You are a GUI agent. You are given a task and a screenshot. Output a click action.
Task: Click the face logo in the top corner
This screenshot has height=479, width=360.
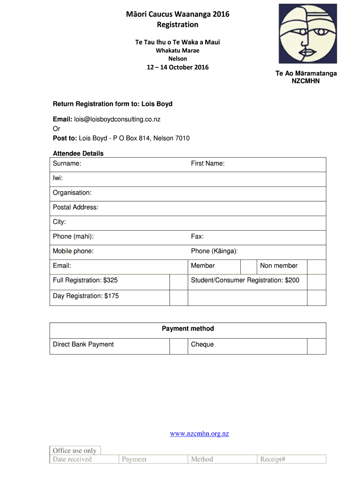pos(307,34)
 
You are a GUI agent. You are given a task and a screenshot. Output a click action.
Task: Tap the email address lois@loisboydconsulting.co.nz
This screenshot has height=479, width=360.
pos(117,119)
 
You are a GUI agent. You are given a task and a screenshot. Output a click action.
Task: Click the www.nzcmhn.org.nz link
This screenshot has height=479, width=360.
pos(199,434)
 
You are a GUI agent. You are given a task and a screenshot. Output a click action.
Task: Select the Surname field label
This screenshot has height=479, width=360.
pos(67,163)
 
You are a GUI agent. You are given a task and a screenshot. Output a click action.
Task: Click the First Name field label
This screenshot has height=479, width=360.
pos(208,163)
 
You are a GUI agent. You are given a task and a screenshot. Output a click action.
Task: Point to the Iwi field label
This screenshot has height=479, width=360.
pos(58,178)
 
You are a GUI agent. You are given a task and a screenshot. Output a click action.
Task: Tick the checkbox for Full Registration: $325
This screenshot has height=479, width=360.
pos(179,282)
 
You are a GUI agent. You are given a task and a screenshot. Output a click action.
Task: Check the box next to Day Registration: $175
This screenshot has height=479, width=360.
pos(179,298)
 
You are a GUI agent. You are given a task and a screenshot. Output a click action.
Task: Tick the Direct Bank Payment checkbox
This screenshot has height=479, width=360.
pos(179,346)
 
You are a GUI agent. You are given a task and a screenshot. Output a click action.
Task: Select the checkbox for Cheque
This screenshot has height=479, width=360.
pos(317,346)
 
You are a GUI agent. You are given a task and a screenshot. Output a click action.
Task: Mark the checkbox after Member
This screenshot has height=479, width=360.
pos(248,267)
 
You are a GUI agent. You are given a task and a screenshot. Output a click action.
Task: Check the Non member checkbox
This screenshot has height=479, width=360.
pos(317,267)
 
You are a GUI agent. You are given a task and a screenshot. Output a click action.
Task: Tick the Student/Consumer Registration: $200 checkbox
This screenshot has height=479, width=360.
pos(317,282)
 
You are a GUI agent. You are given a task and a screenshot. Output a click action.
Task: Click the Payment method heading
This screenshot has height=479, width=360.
pos(188,329)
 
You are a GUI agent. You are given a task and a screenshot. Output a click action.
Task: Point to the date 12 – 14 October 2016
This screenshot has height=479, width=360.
pos(177,67)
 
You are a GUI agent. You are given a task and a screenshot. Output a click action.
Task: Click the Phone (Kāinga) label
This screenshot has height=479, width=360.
pos(214,251)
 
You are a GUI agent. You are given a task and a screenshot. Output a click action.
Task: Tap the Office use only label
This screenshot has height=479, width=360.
pos(75,450)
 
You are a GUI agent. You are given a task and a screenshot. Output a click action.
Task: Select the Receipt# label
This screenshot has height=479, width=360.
pos(273,459)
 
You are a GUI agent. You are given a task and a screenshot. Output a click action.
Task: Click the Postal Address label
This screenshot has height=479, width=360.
pos(75,207)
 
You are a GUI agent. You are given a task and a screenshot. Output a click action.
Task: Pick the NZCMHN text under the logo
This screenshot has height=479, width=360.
pos(306,81)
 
